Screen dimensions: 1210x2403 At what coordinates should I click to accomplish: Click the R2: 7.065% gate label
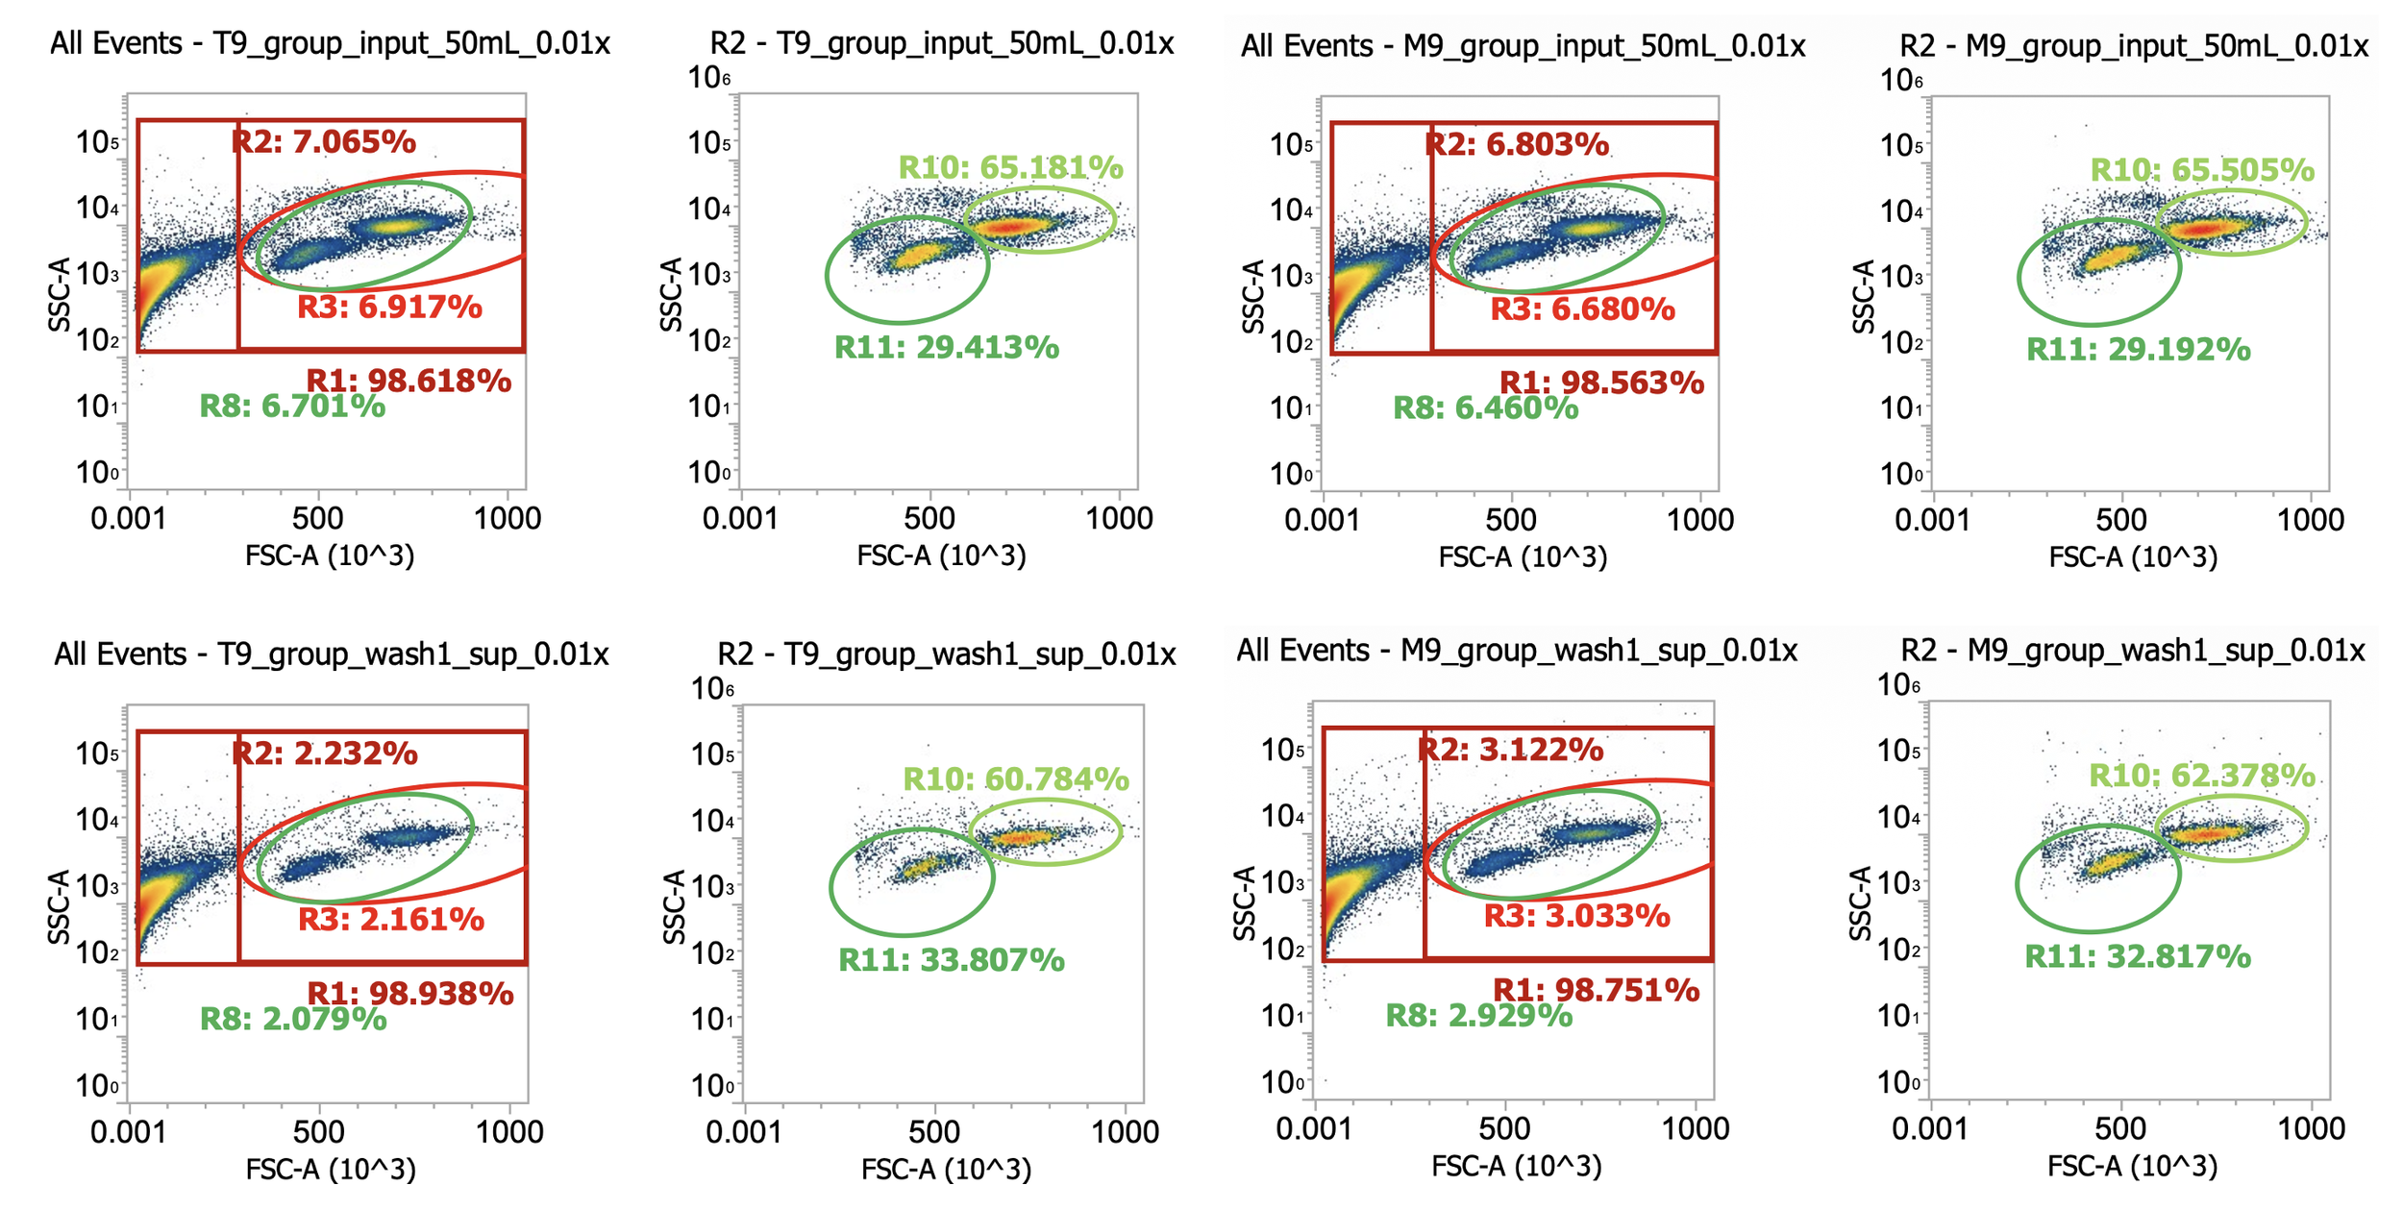(x=324, y=142)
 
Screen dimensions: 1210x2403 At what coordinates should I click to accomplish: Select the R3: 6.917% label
(x=389, y=308)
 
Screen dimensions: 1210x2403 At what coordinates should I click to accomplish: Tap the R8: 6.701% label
(x=292, y=407)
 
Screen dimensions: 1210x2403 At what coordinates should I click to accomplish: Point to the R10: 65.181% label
(x=1010, y=168)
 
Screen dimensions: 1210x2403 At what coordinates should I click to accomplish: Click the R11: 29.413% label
(x=947, y=348)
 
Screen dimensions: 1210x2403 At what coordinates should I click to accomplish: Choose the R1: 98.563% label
(x=1602, y=383)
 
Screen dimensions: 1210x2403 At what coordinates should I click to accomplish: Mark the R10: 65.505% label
(x=2202, y=171)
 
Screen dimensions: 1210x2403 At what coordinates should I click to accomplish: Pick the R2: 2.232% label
(x=325, y=753)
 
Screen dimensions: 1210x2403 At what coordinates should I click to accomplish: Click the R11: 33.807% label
(x=952, y=960)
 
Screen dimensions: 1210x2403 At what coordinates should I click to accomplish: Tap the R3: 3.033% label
(x=1577, y=916)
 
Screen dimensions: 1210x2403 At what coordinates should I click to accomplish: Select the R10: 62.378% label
(x=2202, y=776)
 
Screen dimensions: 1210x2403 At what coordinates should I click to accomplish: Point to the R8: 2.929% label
(x=1478, y=1016)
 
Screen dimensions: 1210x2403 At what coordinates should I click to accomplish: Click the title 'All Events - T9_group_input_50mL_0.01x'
(x=330, y=44)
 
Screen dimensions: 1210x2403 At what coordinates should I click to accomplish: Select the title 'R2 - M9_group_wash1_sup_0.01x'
(x=2132, y=652)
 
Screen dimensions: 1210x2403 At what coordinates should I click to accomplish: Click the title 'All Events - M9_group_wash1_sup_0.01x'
(x=1516, y=652)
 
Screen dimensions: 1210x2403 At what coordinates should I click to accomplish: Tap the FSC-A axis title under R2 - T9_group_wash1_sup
(x=946, y=1170)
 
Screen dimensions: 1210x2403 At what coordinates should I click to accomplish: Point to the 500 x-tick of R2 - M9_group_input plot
(x=2120, y=521)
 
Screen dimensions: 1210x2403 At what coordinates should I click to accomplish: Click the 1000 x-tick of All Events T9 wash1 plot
(x=509, y=1132)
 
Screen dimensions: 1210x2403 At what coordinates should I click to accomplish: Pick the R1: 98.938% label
(x=410, y=994)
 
